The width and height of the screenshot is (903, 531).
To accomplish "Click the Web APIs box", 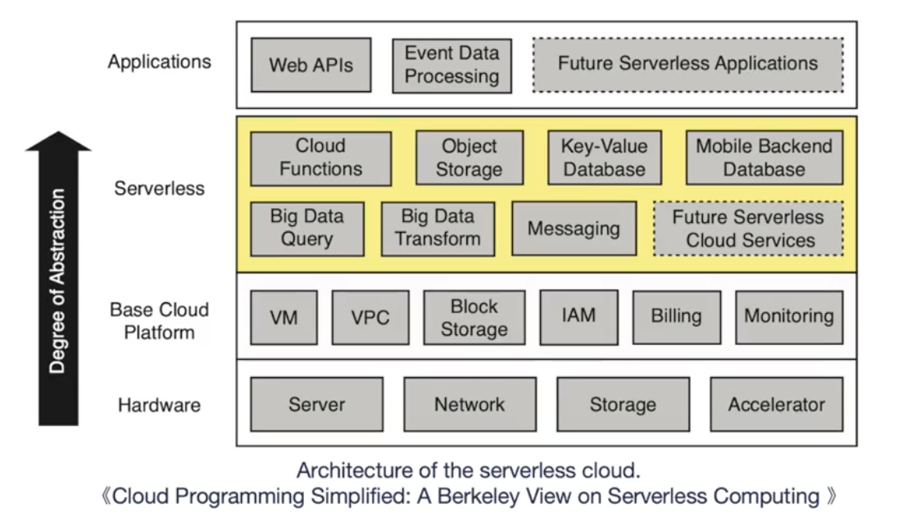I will [311, 65].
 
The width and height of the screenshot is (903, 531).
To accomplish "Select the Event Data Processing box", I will [451, 66].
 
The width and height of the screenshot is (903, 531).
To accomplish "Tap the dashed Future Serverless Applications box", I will [687, 65].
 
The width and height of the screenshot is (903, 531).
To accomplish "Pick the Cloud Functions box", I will [320, 158].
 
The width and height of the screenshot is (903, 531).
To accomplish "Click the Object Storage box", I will [470, 158].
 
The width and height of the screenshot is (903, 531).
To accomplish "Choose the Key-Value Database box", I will [604, 158].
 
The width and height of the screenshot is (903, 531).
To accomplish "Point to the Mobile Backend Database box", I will [764, 158].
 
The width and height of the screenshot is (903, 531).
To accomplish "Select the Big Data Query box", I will [306, 229].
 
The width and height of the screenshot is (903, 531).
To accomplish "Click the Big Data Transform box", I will [438, 229].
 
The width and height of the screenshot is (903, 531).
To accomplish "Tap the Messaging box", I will [574, 229].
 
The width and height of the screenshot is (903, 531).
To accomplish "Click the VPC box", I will [370, 317].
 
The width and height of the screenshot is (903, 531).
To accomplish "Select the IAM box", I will [579, 316].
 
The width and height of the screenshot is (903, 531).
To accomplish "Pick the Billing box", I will [677, 317].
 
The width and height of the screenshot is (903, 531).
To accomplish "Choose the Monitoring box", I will [788, 317].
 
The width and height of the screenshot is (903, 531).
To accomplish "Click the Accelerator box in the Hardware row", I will [776, 404].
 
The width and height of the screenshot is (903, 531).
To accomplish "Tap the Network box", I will [470, 404].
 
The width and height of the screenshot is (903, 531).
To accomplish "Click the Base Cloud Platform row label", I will [159, 321].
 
